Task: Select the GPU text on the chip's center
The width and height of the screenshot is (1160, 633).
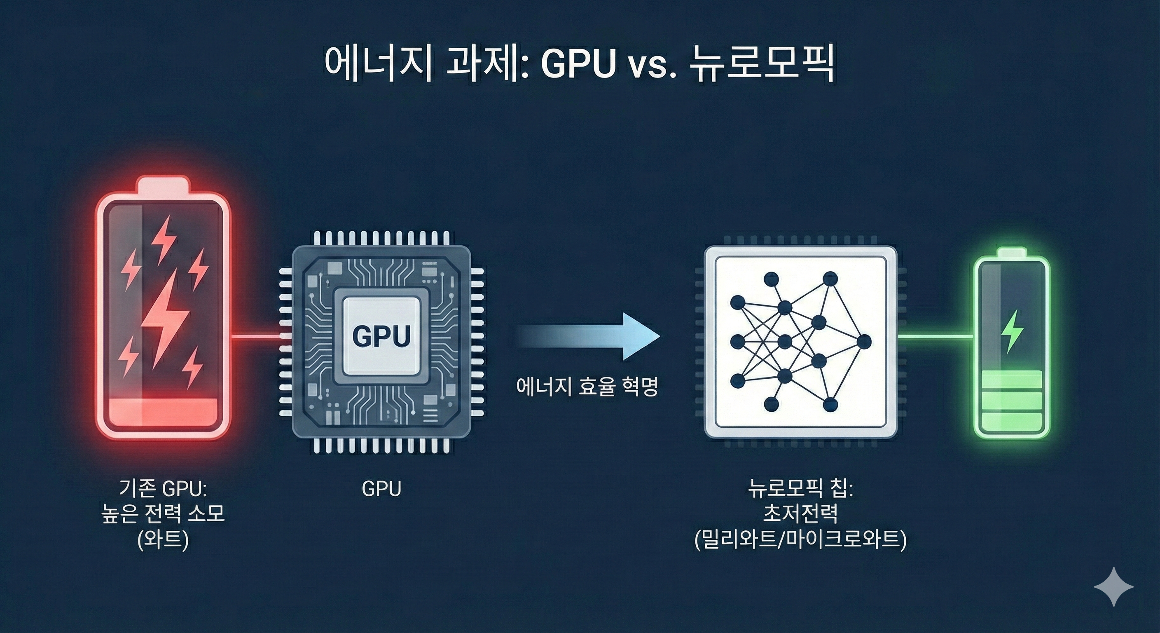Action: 381,335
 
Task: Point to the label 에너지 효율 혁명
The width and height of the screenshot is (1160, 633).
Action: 587,387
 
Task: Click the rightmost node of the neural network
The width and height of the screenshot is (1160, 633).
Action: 864,342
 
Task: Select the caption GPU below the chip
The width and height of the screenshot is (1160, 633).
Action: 381,489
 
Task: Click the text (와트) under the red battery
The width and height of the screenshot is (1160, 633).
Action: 163,540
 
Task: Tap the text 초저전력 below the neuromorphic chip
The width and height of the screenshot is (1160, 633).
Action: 801,513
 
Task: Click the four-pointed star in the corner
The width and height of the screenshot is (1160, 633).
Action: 1114,586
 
